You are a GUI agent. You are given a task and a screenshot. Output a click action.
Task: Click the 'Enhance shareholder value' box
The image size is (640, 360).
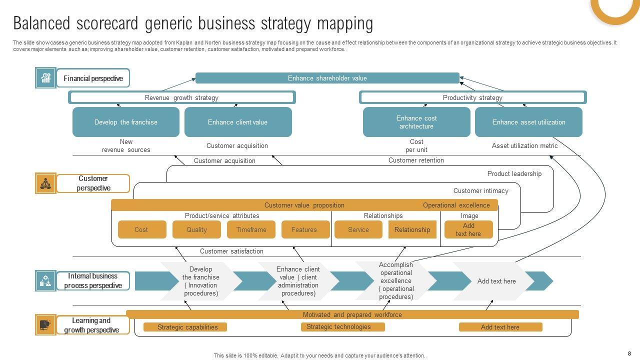click(327, 78)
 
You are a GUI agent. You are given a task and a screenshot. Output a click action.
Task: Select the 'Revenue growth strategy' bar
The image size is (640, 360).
click(181, 97)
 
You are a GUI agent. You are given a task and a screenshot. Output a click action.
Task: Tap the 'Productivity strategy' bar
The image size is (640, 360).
click(472, 97)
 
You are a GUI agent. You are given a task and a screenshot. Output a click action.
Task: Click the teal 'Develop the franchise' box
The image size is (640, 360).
click(125, 122)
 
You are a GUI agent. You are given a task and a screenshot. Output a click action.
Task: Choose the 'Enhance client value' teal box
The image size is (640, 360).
click(237, 122)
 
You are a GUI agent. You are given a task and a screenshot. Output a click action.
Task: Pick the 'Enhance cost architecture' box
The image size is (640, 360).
click(416, 122)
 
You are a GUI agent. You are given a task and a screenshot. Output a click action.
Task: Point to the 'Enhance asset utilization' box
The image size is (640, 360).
click(528, 122)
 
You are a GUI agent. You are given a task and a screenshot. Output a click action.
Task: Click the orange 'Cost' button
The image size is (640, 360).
click(141, 229)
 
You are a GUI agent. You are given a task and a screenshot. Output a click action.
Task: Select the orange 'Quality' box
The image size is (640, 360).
click(196, 229)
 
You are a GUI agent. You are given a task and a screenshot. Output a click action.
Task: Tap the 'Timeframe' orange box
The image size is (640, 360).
click(251, 229)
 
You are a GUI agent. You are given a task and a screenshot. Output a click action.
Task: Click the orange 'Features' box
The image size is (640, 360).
click(304, 229)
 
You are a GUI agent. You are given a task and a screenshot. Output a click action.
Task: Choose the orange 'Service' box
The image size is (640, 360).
click(358, 229)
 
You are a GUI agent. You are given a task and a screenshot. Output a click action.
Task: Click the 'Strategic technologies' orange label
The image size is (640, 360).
click(342, 327)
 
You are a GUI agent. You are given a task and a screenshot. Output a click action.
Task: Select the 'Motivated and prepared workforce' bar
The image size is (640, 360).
click(352, 314)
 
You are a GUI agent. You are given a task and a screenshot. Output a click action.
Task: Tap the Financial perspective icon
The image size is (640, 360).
click(45, 78)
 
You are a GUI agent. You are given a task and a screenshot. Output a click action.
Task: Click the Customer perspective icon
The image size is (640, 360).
click(45, 183)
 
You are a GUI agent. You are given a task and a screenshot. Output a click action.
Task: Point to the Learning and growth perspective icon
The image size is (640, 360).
click(45, 325)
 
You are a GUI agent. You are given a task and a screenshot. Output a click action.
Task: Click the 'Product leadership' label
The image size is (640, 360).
click(514, 173)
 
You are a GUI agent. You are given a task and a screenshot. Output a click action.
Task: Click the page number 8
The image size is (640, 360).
click(629, 353)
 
